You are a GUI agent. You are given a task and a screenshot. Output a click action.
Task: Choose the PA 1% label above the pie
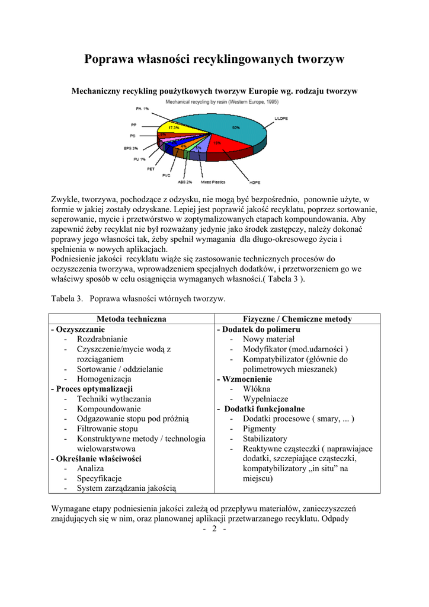point(142,109)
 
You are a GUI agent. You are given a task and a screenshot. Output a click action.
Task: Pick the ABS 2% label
point(185,182)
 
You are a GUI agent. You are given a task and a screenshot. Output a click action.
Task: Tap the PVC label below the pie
point(166,175)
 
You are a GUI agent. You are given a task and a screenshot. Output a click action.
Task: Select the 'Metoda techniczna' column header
point(131,319)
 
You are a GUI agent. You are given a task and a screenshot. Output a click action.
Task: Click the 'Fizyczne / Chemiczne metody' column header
point(297,319)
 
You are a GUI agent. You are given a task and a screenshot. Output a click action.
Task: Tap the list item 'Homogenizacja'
point(104,379)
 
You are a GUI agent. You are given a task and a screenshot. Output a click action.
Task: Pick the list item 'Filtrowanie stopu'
point(107,429)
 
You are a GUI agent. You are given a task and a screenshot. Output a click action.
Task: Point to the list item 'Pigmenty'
point(259,429)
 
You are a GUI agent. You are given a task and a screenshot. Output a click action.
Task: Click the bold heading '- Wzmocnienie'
point(244,379)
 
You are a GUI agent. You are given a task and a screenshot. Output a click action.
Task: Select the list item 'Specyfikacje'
point(99,478)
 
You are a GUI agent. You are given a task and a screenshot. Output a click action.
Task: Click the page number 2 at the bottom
point(214,529)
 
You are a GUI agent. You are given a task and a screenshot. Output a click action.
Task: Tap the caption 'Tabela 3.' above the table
point(67,298)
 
